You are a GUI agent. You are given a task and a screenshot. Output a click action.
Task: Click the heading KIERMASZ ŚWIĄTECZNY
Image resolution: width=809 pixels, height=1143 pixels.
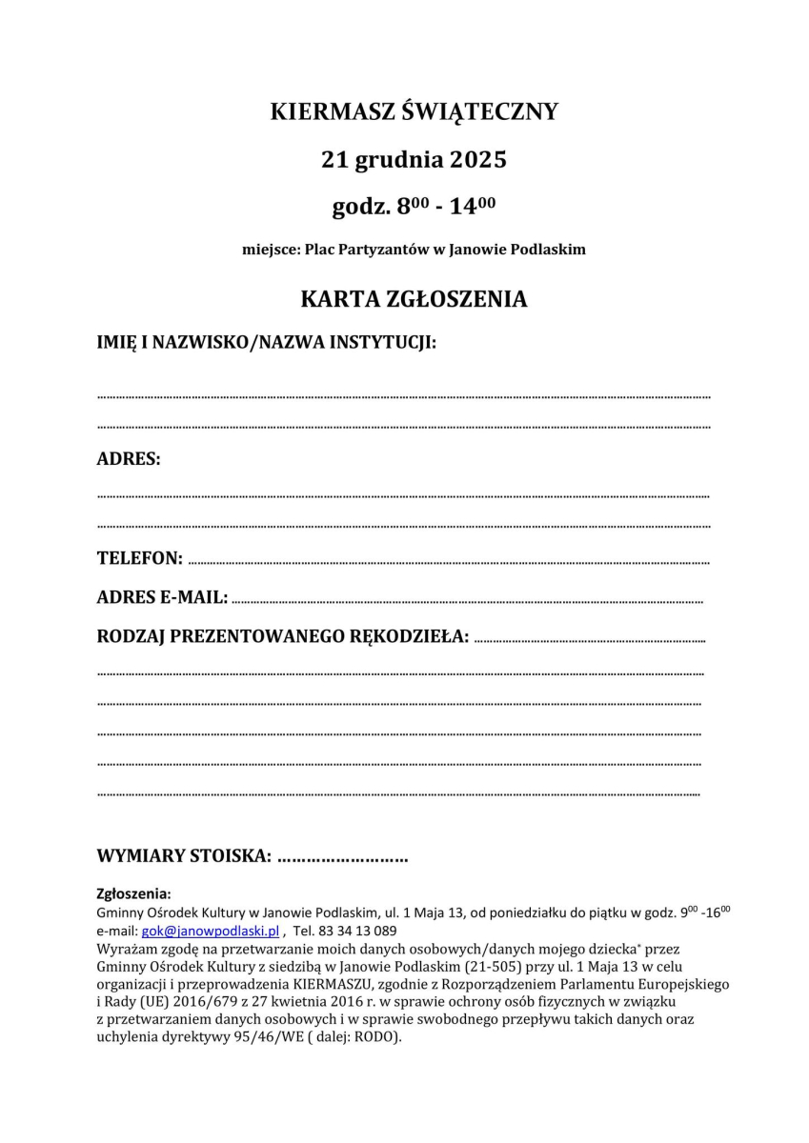pos(414,112)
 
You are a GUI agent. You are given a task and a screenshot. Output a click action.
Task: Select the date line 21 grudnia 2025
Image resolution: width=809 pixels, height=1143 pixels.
pos(414,159)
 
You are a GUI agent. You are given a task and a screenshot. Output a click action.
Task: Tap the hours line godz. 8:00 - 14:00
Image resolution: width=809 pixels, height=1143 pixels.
pos(414,205)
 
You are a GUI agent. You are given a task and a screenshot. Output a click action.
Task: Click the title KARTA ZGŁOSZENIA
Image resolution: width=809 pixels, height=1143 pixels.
pos(414,299)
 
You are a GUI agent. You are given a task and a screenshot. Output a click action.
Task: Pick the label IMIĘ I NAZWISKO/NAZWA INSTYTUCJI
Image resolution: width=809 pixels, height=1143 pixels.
pos(267,342)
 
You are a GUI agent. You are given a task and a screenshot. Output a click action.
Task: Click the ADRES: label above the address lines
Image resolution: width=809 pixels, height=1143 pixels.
pos(129,459)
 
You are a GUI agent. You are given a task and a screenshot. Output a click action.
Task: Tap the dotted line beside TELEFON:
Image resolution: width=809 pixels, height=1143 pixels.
pos(448,562)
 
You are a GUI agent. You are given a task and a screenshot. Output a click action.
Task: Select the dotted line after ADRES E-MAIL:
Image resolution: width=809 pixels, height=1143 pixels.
pos(467,601)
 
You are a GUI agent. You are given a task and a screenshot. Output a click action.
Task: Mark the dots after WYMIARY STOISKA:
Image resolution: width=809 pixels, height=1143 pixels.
pos(343,856)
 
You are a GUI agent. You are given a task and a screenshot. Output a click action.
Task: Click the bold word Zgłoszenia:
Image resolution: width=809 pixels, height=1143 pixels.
pos(133,893)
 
